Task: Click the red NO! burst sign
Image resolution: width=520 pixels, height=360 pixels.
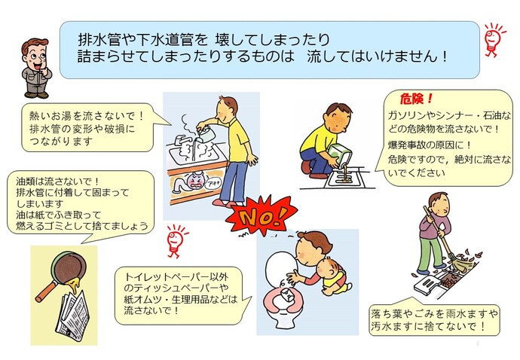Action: (259, 217)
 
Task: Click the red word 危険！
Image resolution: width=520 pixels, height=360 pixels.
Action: (418, 99)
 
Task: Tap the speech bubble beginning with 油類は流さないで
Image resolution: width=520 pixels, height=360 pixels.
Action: (79, 203)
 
